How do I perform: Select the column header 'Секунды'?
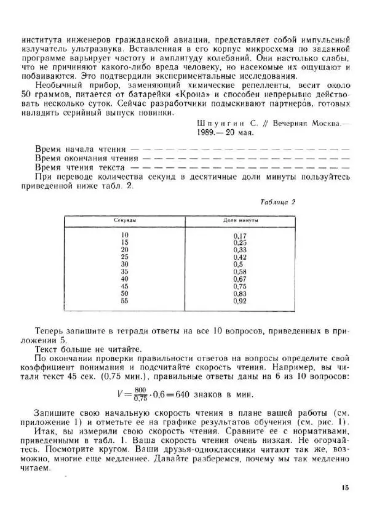[125, 220]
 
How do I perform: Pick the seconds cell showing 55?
[125, 301]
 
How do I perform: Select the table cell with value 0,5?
[240, 265]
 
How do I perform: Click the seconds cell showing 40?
[125, 279]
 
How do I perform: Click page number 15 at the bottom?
[343, 488]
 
